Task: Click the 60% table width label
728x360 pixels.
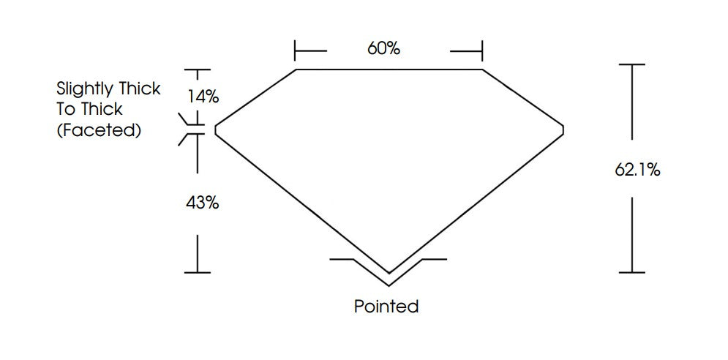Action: tap(383, 48)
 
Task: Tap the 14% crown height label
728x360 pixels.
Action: tap(203, 97)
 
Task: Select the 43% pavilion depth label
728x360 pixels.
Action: tap(203, 203)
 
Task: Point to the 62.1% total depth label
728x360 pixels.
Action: tap(637, 170)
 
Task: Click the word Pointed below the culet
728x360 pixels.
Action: tap(386, 306)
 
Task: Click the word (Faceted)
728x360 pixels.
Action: tap(99, 130)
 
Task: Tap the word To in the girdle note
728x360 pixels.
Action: tap(67, 110)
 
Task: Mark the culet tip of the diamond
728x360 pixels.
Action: tap(389, 273)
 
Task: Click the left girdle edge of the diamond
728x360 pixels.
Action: tap(215, 130)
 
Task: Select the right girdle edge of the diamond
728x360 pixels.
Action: tap(563, 130)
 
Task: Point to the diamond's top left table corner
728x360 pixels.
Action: tap(296, 70)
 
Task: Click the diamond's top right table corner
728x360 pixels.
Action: tap(482, 70)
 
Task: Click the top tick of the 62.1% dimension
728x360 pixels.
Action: tap(632, 64)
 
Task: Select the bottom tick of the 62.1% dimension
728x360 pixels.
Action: tap(632, 272)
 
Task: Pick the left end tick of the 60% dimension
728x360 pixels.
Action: tap(295, 50)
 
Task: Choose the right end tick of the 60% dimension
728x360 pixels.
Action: tap(482, 50)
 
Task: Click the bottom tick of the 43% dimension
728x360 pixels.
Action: tap(198, 273)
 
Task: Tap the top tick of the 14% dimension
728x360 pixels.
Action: tap(198, 70)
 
